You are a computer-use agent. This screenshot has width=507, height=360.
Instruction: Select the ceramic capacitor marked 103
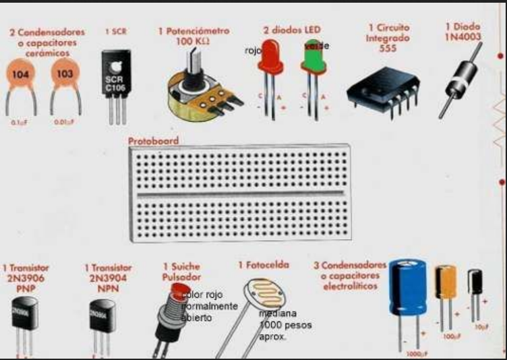coord(65,73)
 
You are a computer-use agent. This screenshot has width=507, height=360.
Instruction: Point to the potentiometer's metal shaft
coord(193,63)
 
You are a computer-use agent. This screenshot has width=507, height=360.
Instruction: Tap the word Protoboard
coord(153,141)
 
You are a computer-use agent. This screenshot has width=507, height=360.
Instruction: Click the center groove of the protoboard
coord(239,195)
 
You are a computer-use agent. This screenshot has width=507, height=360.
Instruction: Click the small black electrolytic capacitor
coord(475,281)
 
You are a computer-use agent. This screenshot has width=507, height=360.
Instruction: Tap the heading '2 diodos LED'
coord(292,30)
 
